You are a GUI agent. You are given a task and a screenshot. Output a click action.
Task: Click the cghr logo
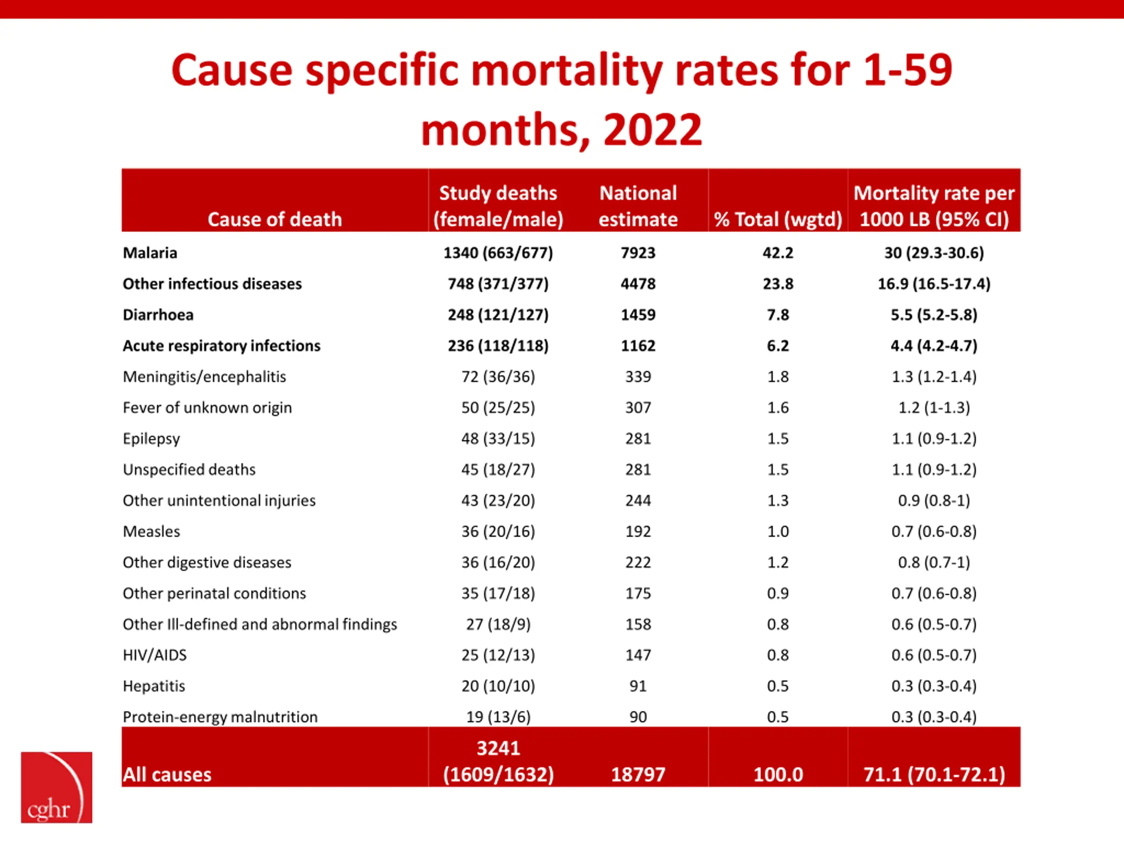(56, 787)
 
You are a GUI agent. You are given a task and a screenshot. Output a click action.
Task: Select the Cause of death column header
(274, 220)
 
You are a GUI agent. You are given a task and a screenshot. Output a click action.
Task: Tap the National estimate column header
(638, 206)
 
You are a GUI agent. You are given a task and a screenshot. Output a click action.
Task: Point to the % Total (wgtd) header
(778, 220)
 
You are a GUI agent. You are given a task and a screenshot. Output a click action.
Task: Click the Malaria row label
(150, 252)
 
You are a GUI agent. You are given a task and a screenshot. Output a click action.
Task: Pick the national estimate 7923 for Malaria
(638, 252)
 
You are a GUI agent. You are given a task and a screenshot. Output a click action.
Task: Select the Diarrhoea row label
(158, 314)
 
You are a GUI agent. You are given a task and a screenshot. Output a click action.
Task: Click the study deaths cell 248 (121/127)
(498, 314)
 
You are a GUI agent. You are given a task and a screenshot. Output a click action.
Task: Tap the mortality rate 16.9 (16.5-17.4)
(934, 284)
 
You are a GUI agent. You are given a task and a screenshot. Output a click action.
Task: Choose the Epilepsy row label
(151, 439)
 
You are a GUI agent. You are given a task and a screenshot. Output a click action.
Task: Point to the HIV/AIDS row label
(155, 655)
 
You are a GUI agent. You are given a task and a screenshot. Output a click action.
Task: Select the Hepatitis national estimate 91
(638, 686)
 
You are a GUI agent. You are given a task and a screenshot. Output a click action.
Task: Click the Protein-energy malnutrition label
(220, 717)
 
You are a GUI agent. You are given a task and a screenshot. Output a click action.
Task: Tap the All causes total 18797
(638, 775)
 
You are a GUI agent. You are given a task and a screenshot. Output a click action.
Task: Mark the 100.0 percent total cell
(778, 775)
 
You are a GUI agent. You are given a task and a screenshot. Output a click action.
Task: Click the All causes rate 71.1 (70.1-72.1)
(934, 775)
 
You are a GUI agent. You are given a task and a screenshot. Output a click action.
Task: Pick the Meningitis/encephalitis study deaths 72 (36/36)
(498, 377)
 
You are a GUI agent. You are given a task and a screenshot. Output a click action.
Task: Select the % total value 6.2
(778, 346)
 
